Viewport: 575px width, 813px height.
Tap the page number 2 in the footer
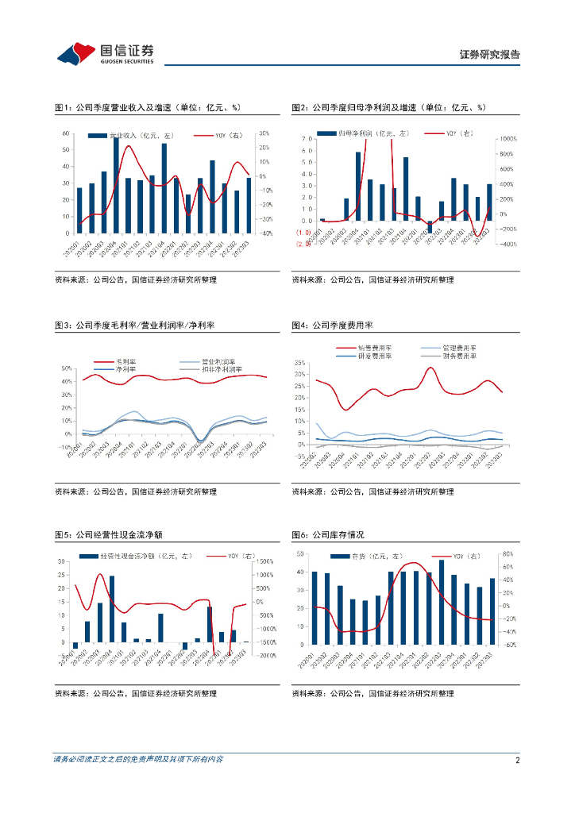[517, 760]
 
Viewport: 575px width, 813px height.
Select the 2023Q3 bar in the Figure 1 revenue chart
[249, 205]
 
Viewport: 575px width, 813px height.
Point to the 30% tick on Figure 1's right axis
[264, 133]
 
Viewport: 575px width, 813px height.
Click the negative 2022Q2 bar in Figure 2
[430, 226]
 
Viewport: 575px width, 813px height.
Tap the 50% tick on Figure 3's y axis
[67, 368]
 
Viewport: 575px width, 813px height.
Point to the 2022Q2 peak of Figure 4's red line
[430, 367]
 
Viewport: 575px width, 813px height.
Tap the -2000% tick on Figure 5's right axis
[266, 655]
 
